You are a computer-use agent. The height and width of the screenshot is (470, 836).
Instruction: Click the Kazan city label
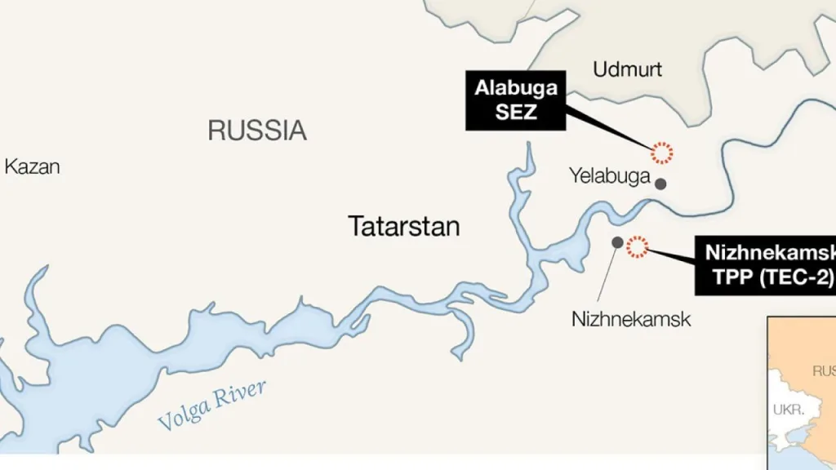(x=33, y=167)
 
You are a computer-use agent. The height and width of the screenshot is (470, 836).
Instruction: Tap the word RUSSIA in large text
(x=257, y=131)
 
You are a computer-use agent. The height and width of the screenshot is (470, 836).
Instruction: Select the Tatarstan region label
(x=404, y=226)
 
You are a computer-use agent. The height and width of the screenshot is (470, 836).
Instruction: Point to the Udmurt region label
(x=627, y=69)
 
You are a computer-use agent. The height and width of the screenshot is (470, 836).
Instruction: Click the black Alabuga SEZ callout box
(x=516, y=100)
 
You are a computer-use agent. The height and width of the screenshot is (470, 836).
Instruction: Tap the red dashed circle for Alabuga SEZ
(x=661, y=152)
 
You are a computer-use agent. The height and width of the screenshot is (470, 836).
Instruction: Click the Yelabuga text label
(x=609, y=175)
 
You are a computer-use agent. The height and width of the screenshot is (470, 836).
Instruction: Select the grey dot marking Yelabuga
(x=660, y=184)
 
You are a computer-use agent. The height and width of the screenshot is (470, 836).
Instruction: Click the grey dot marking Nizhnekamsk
(x=617, y=242)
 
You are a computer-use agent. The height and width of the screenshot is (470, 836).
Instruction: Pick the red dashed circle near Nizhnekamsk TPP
(x=636, y=246)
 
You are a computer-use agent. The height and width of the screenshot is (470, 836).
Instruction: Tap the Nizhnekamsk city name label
(x=631, y=318)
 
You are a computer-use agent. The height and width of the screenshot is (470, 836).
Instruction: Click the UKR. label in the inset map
(x=788, y=410)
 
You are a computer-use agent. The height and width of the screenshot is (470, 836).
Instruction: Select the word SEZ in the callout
(x=516, y=113)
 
